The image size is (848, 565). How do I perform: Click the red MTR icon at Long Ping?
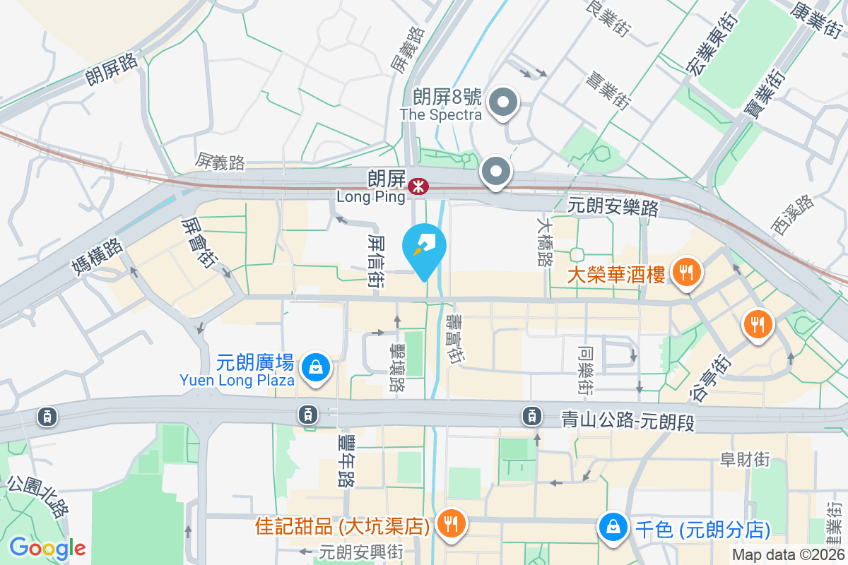pos(418,186)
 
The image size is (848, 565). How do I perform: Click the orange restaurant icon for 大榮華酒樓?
pos(685,270)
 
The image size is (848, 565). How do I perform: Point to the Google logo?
pos(47,548)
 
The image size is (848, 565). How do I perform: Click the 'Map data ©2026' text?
pos(788,555)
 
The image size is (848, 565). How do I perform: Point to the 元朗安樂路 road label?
pos(613,207)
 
